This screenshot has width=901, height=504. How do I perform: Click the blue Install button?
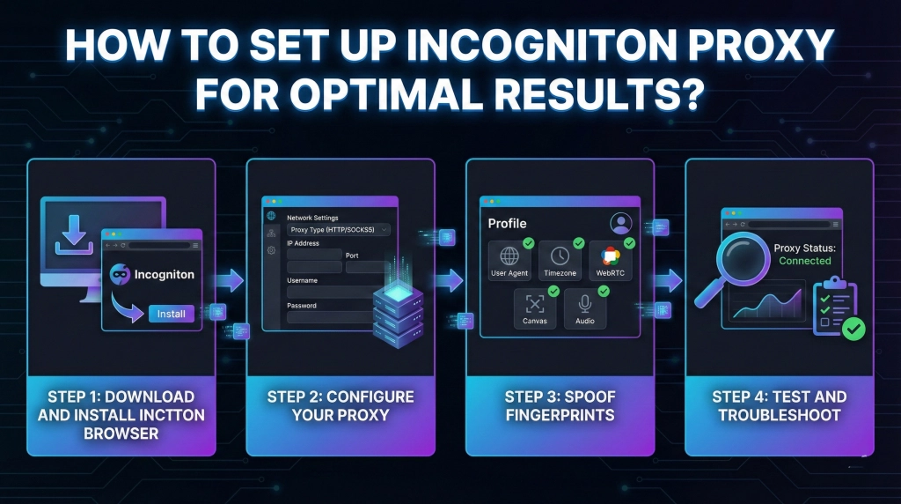tap(172, 314)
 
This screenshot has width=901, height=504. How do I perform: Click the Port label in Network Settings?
tap(352, 256)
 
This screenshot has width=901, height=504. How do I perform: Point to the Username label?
tap(302, 280)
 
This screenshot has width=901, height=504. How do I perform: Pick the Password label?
tap(302, 305)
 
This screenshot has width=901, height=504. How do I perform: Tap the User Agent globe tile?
tap(510, 261)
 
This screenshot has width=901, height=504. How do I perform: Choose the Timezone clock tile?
tap(560, 261)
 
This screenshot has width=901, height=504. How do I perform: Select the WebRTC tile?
tap(610, 261)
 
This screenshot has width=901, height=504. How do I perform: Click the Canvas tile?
tap(535, 309)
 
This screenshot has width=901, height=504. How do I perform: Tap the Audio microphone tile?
tap(584, 309)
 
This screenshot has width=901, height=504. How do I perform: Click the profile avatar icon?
tap(622, 223)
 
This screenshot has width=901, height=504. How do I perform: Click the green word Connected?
tap(804, 261)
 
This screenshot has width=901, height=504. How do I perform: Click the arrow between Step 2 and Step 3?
tap(450, 281)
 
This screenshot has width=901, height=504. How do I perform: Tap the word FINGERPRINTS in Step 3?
tap(560, 414)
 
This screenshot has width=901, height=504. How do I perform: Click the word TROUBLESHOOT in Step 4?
tap(779, 414)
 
